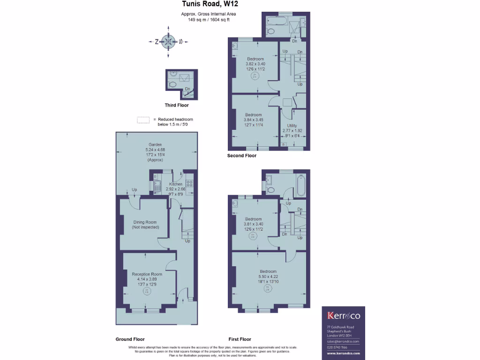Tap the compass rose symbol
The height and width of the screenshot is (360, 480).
click(x=168, y=42)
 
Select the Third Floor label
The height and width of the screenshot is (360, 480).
click(x=177, y=105)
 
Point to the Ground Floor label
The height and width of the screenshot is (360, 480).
click(x=130, y=339)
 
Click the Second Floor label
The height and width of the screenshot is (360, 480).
click(x=242, y=156)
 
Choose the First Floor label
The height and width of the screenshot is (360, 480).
click(x=240, y=339)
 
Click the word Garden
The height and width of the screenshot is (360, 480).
click(x=155, y=144)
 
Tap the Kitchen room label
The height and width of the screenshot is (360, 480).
click(x=176, y=184)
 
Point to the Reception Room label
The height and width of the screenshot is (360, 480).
click(x=147, y=274)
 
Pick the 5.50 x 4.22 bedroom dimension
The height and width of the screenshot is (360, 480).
click(x=268, y=277)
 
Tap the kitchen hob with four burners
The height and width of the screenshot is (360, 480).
click(x=189, y=183)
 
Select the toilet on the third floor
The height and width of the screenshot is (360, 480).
click(x=172, y=85)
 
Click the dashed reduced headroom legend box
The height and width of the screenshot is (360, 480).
click(x=143, y=120)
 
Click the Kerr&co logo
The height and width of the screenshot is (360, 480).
click(x=343, y=315)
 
